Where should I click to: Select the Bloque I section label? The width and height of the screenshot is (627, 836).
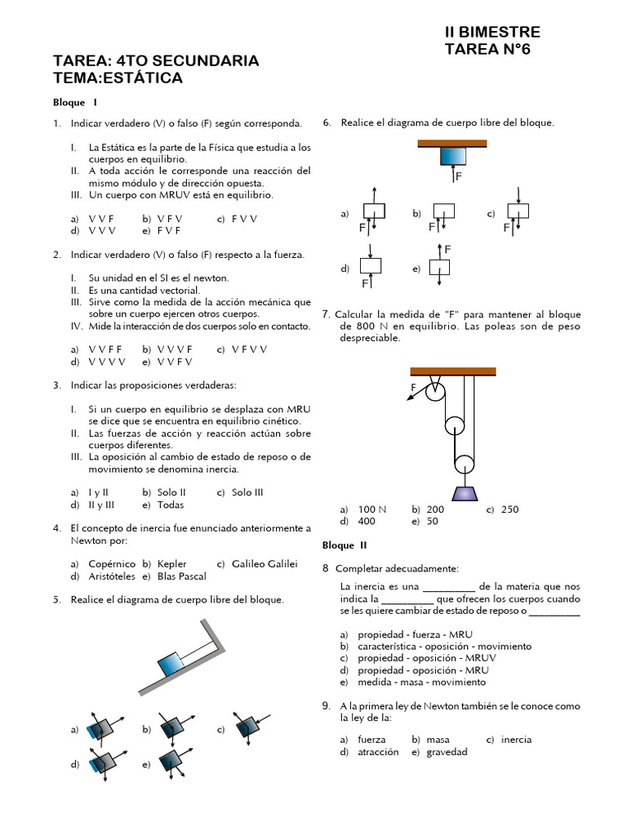coord(75,103)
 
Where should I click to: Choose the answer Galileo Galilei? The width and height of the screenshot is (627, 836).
coord(265,564)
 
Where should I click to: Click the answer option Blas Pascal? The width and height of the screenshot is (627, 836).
coord(181,576)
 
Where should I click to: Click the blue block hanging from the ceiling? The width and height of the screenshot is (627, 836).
coord(452,158)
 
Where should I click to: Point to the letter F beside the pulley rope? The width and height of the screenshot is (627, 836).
coord(413,386)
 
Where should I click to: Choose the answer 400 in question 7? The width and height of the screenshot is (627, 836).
coord(367,522)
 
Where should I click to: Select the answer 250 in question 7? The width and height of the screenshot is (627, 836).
coord(509,509)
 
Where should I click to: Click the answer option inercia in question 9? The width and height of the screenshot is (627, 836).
coord(516,740)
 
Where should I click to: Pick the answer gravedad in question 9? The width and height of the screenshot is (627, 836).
coord(447,752)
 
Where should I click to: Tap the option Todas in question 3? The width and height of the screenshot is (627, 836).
coord(171,505)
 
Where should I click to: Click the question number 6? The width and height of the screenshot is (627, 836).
coord(327,122)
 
